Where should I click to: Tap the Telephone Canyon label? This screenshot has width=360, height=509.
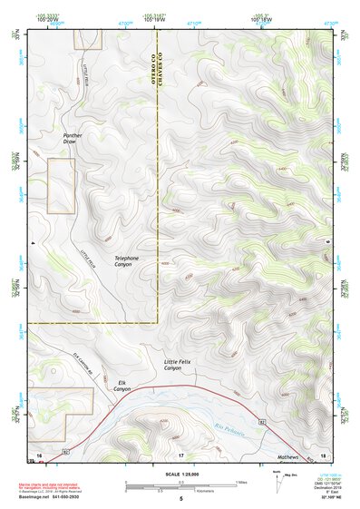click(127, 262)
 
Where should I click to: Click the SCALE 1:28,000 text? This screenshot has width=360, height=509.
click(180, 475)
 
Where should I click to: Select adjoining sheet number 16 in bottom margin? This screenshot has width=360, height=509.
click(39, 453)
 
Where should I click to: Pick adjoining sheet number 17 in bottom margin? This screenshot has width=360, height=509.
click(180, 453)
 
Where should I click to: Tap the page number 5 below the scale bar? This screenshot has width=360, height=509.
click(180, 499)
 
